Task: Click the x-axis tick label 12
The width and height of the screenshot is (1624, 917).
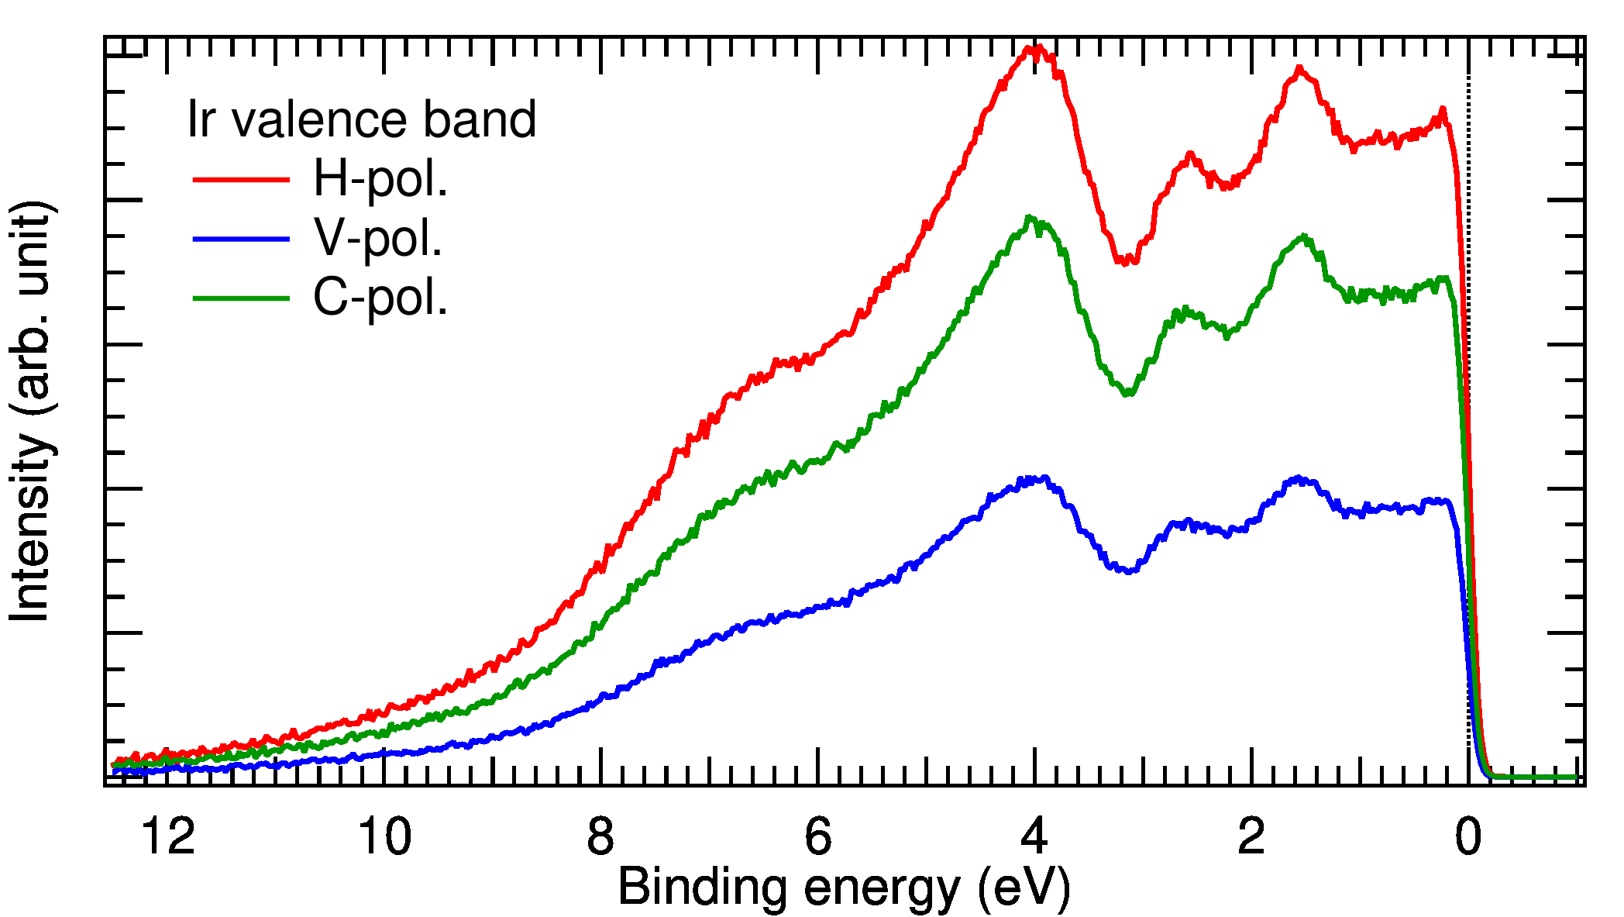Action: coord(168,837)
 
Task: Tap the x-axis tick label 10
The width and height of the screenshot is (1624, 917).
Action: coord(384,837)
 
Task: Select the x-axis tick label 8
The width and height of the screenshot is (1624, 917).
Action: coord(600,837)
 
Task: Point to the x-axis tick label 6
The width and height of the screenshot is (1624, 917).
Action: coord(818,837)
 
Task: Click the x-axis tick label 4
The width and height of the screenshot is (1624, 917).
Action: coord(1035,837)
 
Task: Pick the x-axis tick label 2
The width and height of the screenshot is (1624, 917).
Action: coord(1251,837)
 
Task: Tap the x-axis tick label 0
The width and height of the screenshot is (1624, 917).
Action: coord(1468,837)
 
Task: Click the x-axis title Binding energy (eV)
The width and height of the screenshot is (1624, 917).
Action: coord(844,887)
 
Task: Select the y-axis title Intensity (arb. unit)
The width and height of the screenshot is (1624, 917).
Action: coord(31,411)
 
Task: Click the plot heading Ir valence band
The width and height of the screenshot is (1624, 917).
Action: coord(362,119)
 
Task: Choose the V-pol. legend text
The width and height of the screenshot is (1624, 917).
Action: coord(377,238)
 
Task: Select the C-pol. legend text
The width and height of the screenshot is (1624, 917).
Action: coord(380,298)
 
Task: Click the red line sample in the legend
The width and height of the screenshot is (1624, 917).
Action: coord(241,180)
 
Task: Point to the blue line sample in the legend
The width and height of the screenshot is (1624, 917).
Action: coord(241,240)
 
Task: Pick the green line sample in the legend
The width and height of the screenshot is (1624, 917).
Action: coord(241,298)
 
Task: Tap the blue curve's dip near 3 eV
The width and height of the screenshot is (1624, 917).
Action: coord(1130,571)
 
